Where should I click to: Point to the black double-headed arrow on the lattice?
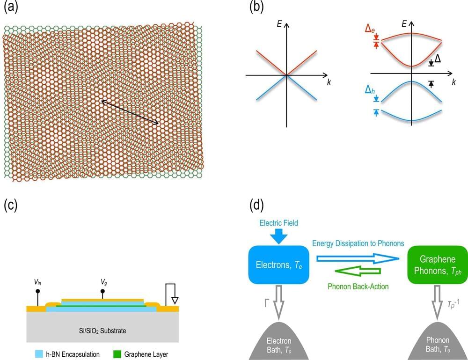tap(131, 112)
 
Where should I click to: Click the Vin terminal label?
tap(37, 282)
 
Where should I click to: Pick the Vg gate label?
tap(104, 282)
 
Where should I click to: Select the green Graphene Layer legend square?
tap(116, 354)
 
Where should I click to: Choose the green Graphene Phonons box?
tap(438, 264)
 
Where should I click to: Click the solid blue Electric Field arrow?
tap(279, 236)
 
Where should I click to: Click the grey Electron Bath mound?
tap(279, 341)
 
